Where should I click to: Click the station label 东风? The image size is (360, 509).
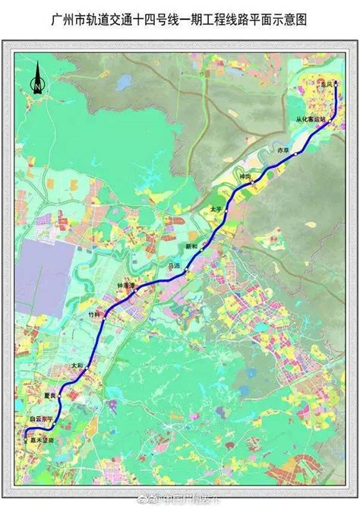[x=327, y=85]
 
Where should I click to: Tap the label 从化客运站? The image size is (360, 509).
[x=311, y=120]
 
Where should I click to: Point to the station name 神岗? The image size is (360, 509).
[x=245, y=176]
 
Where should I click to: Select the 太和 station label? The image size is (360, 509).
[x=77, y=365]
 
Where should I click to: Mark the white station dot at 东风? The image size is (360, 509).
[x=336, y=85]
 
